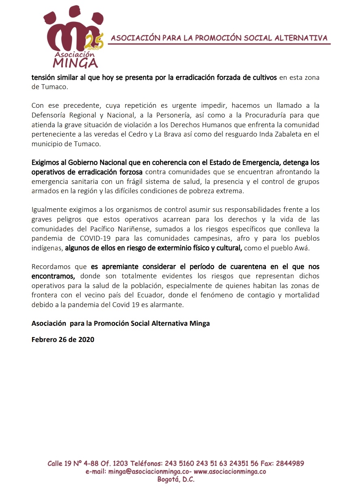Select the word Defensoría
click(x=50, y=115)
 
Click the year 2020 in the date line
click(x=86, y=340)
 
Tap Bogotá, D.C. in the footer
click(x=176, y=480)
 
